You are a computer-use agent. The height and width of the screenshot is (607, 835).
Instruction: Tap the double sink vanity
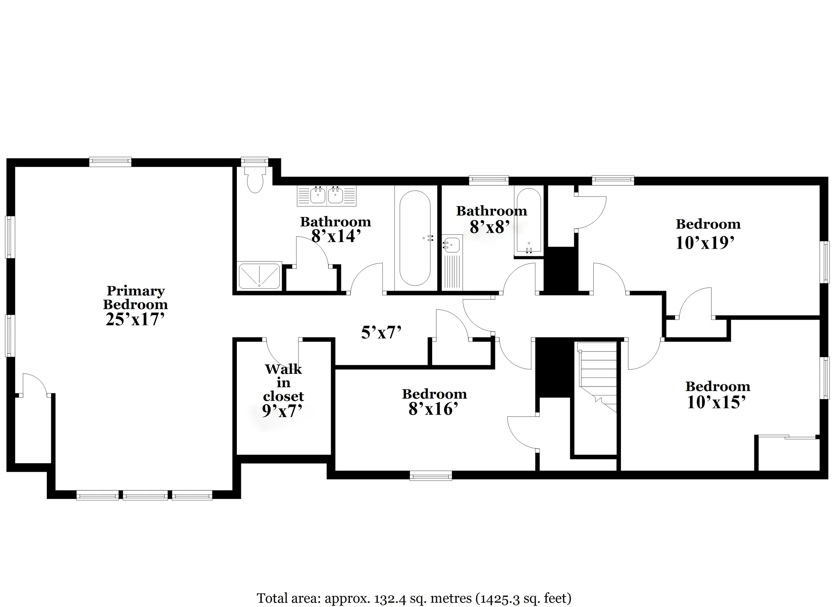coord(327,196)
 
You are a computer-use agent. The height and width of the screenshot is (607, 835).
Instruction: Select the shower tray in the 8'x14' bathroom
coord(259,276)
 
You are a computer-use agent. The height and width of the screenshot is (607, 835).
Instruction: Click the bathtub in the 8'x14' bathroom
coord(415,238)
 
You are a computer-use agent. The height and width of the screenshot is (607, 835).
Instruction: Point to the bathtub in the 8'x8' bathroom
coord(529,221)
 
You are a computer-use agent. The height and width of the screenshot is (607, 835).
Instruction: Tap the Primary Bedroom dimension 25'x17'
coord(135,319)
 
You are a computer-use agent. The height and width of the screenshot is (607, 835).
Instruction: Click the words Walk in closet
coord(283,382)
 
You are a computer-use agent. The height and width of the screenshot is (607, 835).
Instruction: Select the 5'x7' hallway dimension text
coord(382,333)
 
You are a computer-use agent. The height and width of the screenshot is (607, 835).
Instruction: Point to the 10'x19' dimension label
coord(705,243)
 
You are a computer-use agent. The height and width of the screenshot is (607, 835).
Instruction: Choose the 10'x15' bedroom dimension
coord(716,402)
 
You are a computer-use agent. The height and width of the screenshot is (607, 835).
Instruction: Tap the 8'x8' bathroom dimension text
coord(490,227)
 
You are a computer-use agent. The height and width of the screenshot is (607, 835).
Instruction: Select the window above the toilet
coord(254,161)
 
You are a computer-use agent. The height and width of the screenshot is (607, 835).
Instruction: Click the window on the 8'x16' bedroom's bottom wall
coord(431,475)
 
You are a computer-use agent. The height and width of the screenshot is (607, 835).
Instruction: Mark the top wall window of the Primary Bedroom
coord(110,162)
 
